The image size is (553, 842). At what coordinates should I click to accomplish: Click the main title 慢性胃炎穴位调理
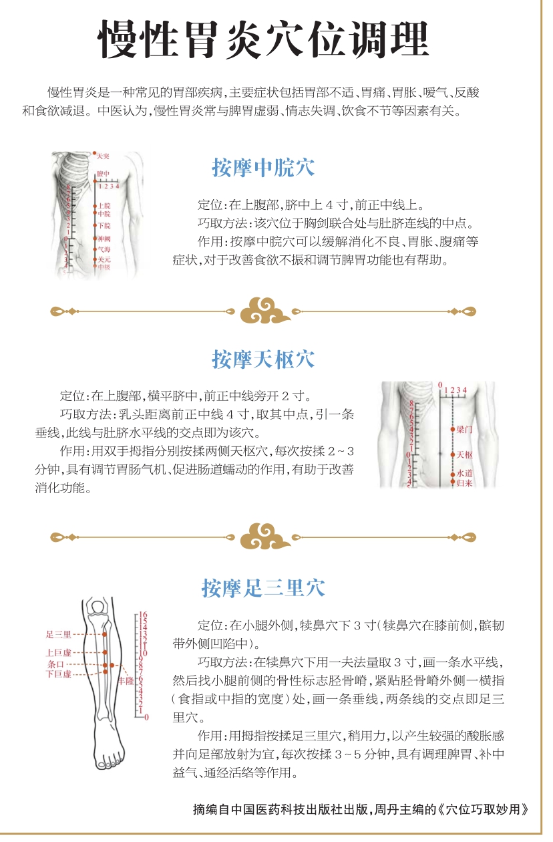[x=263, y=39]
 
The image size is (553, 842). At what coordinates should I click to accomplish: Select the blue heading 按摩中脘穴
[x=263, y=168]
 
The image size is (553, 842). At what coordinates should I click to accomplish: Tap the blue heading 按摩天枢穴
[x=263, y=360]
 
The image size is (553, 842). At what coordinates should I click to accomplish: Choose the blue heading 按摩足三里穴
[x=263, y=588]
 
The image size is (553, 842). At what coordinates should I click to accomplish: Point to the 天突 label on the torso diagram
[x=103, y=156]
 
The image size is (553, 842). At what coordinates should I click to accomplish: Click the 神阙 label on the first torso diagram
[x=104, y=239]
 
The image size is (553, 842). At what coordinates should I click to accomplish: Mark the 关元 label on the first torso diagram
[x=104, y=259]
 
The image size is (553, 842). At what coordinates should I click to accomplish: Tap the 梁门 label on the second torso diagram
[x=464, y=429]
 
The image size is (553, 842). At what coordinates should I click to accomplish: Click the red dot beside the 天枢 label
[x=453, y=455]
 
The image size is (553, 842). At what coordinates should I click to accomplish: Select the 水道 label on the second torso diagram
[x=464, y=473]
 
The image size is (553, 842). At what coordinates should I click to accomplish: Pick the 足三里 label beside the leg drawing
[x=59, y=635]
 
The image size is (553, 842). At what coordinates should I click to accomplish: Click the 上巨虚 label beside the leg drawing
[x=59, y=652]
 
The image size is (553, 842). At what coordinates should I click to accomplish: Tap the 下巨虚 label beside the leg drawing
[x=59, y=674]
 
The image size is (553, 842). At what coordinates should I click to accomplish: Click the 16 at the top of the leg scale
[x=143, y=615]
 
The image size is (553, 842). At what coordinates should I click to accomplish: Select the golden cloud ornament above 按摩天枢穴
[x=265, y=311]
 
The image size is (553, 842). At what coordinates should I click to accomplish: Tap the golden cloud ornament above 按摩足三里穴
[x=265, y=536]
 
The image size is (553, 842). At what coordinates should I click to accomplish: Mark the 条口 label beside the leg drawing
[x=55, y=664]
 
